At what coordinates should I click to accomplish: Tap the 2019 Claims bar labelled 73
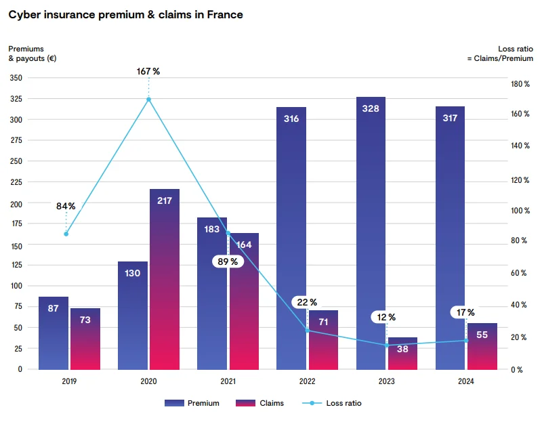pyautogui.click(x=85, y=339)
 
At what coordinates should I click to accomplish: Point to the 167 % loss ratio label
pyautogui.click(x=148, y=71)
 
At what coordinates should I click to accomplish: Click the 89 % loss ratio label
pyautogui.click(x=228, y=261)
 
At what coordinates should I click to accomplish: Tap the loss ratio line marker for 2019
pyautogui.click(x=66, y=234)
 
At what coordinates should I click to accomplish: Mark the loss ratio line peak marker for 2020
pyautogui.click(x=148, y=100)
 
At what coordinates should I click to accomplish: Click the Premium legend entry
pyautogui.click(x=193, y=403)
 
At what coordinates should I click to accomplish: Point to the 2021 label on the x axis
pyautogui.click(x=228, y=381)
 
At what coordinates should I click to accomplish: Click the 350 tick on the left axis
pyautogui.click(x=16, y=78)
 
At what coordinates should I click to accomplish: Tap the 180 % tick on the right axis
pyautogui.click(x=519, y=84)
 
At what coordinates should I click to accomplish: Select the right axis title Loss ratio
pyautogui.click(x=516, y=49)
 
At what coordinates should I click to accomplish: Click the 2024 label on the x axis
pyautogui.click(x=466, y=381)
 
